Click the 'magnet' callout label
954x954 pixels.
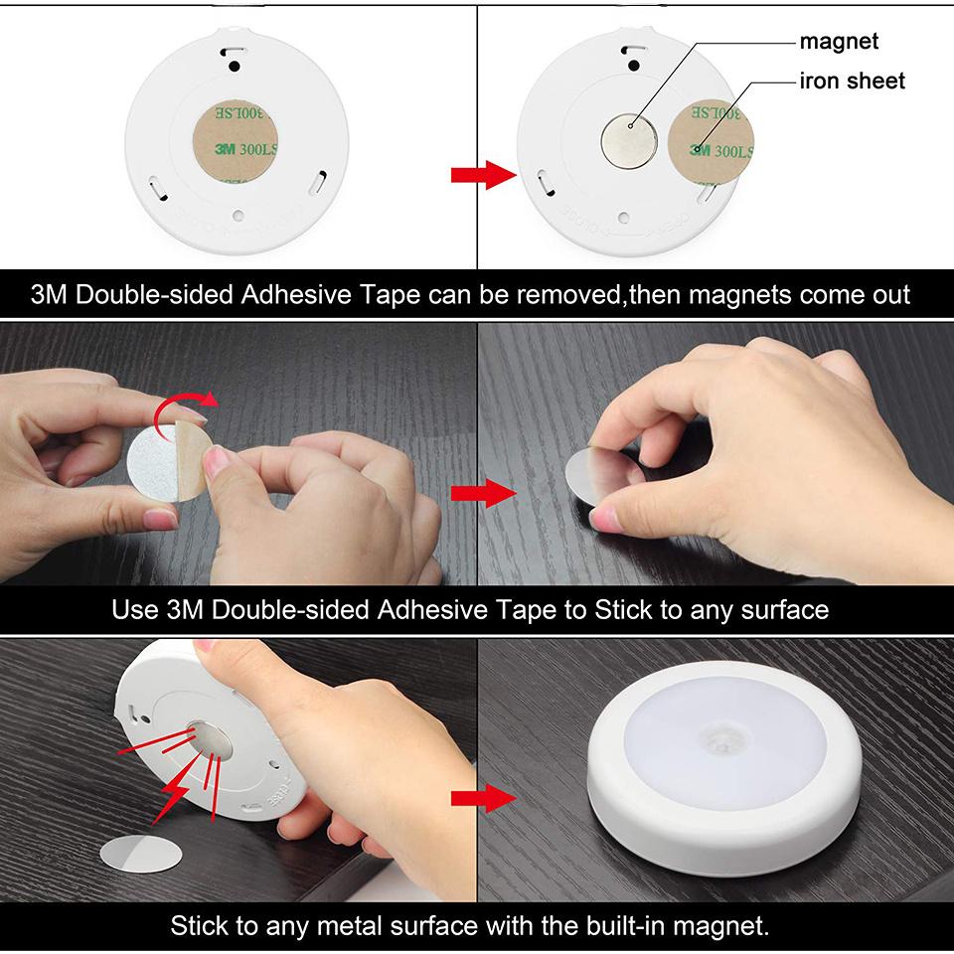840,41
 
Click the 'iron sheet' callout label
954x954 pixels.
853,80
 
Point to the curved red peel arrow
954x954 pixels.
191,401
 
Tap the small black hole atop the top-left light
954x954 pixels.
235,66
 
